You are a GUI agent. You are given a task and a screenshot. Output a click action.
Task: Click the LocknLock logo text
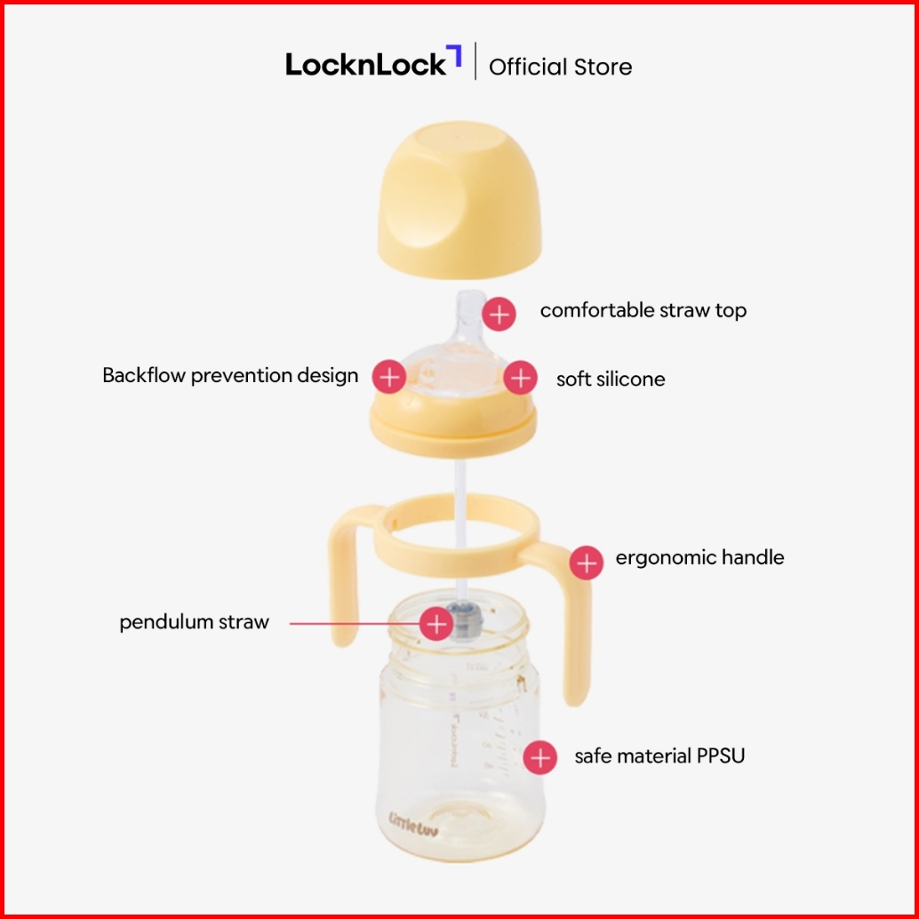tap(365, 65)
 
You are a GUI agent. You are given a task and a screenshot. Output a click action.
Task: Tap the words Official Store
tap(560, 67)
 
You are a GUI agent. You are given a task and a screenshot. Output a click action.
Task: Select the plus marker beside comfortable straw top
tap(500, 314)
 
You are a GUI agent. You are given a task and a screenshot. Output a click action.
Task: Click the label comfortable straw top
tap(643, 310)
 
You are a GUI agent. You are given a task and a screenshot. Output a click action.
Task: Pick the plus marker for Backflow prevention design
tap(388, 377)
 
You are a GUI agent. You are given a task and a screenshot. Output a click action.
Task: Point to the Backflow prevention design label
tap(230, 375)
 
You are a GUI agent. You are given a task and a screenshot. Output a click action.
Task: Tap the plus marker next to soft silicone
tap(520, 378)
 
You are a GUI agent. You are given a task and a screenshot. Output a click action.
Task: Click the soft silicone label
tap(611, 380)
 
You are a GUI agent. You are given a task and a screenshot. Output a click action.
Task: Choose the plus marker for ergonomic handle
tap(586, 562)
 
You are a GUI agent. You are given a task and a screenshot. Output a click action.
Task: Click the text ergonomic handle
tap(699, 557)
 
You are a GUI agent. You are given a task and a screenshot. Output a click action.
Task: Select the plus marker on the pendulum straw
tap(436, 624)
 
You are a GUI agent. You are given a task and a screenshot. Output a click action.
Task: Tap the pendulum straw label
tap(194, 622)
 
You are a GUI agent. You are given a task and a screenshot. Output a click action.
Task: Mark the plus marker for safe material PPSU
tap(539, 758)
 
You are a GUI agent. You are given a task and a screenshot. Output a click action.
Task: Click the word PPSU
tap(720, 756)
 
